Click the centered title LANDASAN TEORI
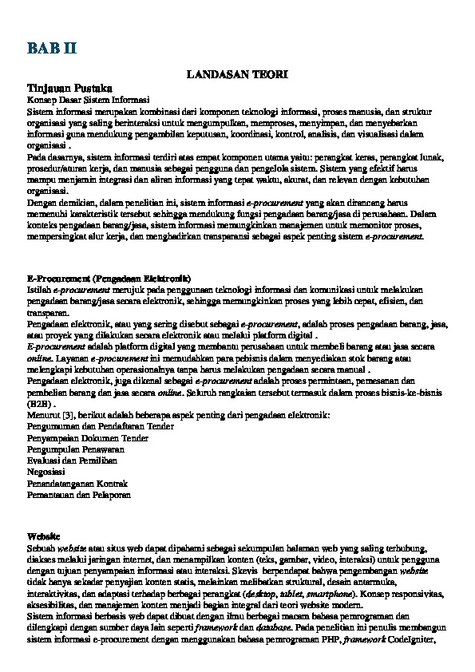[x=237, y=74]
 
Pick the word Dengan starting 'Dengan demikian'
[x=41, y=204]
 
